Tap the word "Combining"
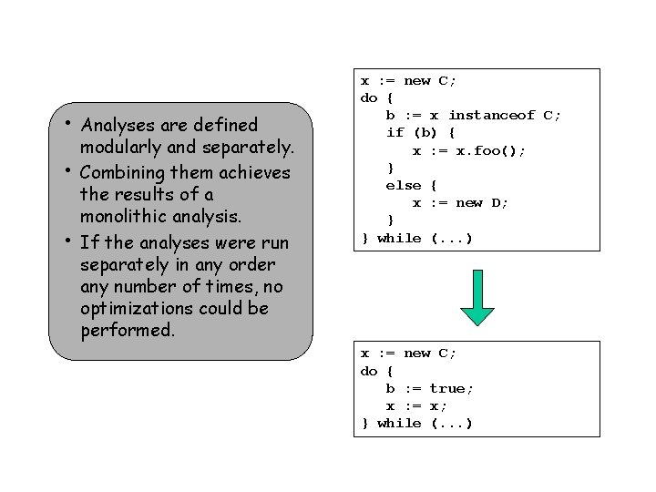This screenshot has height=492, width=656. point(122,171)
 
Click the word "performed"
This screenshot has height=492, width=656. point(126,331)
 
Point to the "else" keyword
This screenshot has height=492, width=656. point(403,185)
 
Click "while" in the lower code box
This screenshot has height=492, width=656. point(398,423)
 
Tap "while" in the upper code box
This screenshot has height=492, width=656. point(398,238)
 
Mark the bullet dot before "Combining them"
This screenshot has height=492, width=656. point(69,169)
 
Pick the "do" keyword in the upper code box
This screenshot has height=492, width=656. point(369,97)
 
